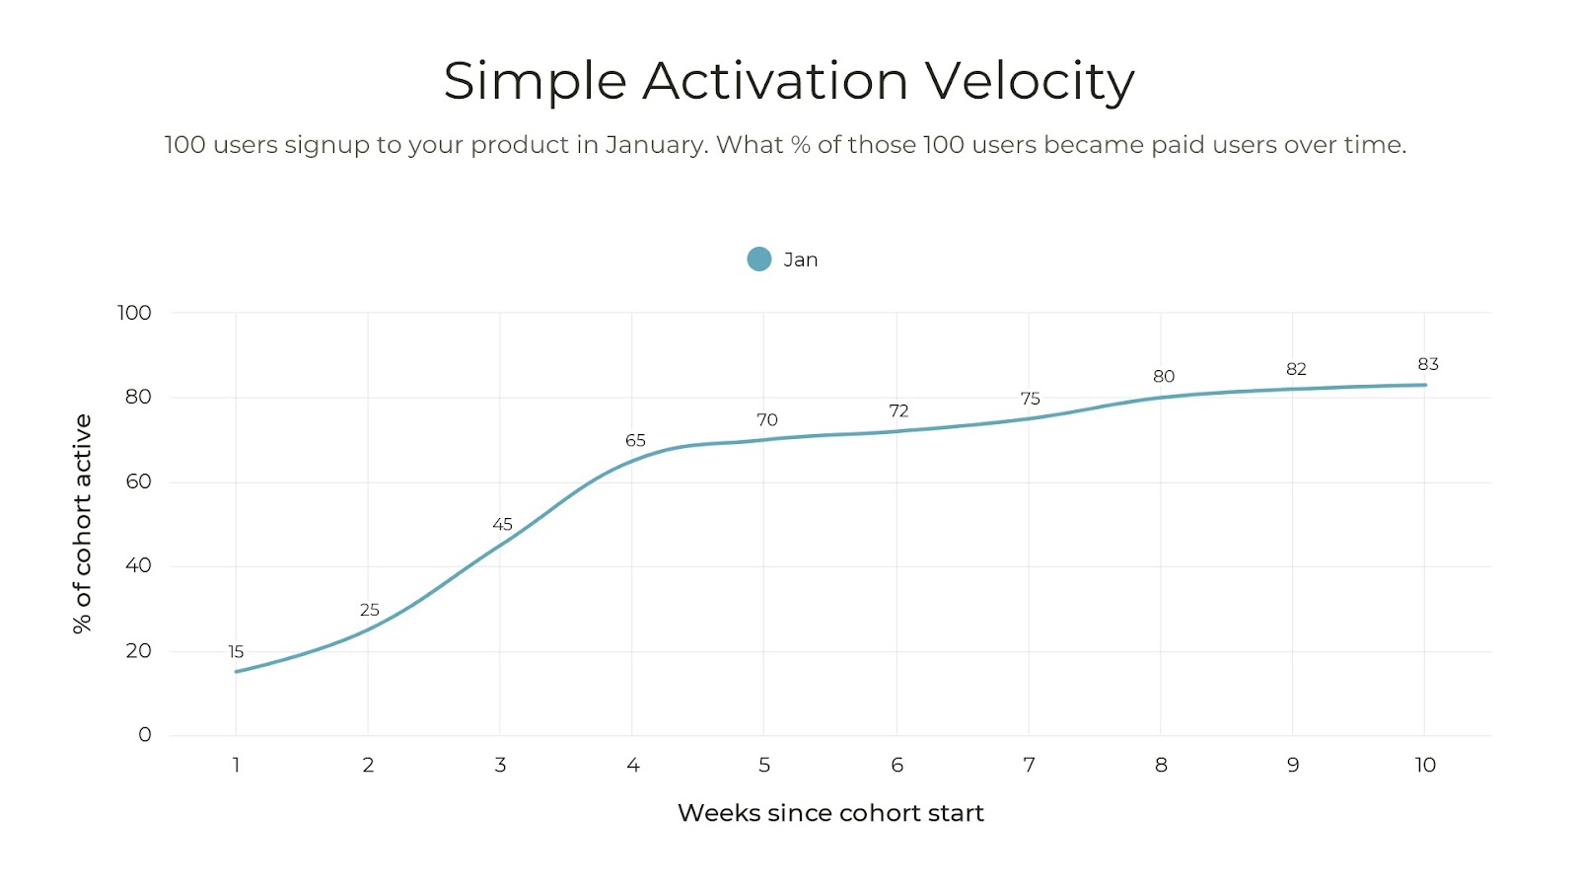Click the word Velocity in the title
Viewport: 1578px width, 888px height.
[x=1029, y=82]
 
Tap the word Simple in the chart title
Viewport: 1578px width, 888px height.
[x=535, y=82]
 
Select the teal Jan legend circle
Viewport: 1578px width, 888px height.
[x=758, y=259]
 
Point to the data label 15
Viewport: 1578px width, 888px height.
[x=236, y=652]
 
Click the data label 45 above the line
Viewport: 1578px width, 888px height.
[x=502, y=525]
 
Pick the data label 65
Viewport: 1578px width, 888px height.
[x=635, y=441]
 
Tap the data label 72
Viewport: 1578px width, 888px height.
[x=898, y=411]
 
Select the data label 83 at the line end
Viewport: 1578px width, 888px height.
[x=1427, y=365]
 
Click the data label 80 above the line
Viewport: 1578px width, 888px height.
[x=1164, y=377]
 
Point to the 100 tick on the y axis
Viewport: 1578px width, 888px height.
[x=134, y=313]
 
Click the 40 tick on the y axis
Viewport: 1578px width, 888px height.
[x=138, y=566]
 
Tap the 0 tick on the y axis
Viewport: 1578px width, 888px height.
[x=145, y=735]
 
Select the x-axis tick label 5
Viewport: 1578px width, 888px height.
[x=764, y=766]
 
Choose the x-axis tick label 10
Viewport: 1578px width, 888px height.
[x=1425, y=766]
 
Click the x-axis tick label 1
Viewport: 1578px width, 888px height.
[x=236, y=766]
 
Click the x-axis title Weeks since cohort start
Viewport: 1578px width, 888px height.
[x=830, y=813]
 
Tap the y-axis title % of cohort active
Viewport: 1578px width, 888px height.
[x=82, y=523]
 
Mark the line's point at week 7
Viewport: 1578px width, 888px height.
[x=1029, y=418]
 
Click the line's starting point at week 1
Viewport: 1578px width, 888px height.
[x=236, y=672]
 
